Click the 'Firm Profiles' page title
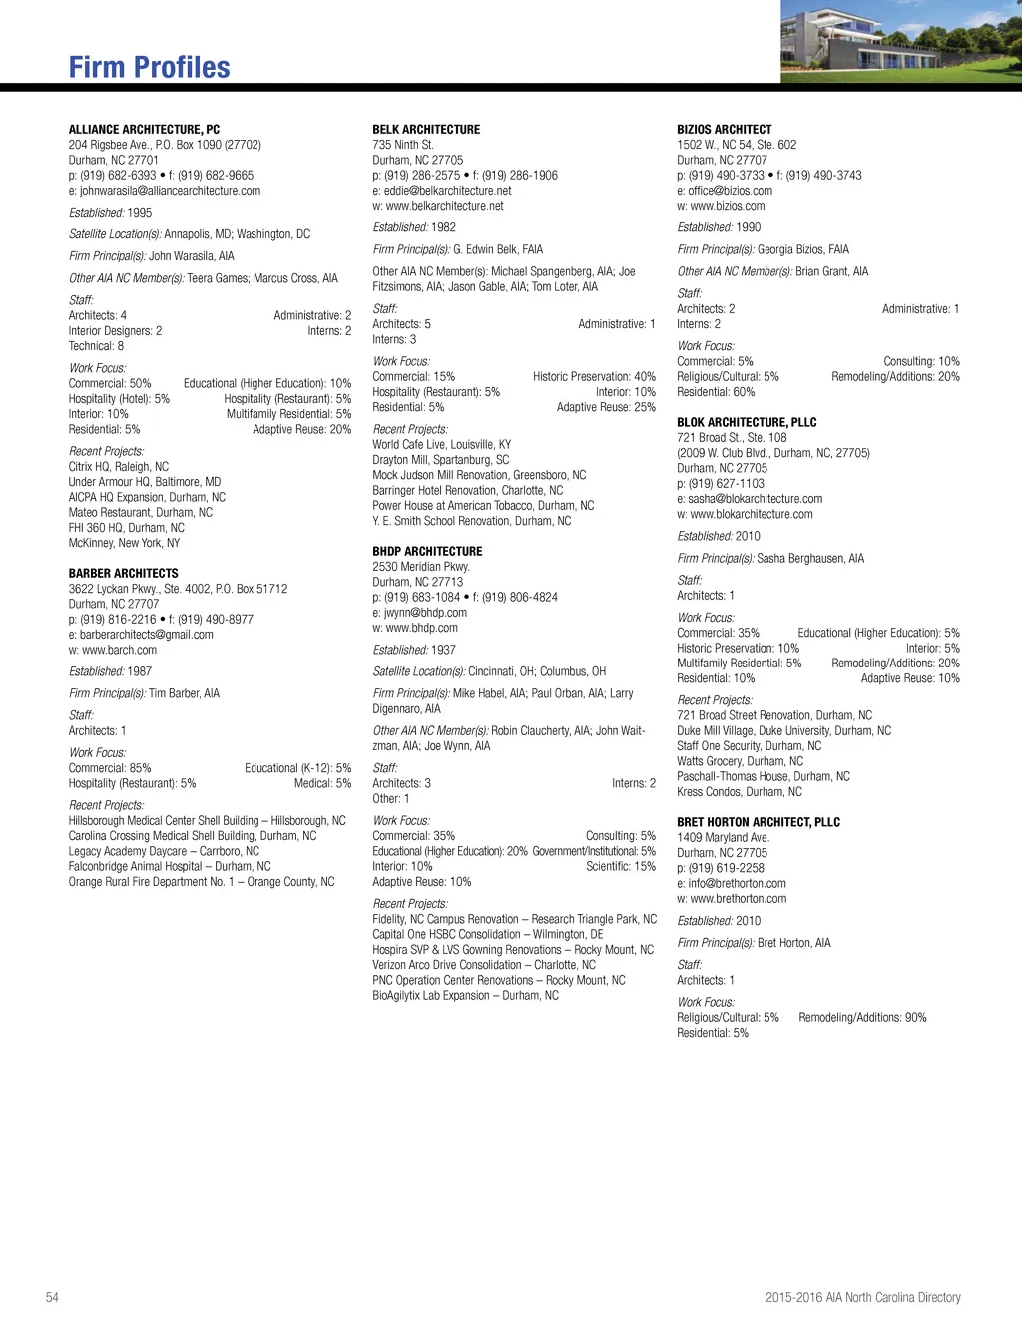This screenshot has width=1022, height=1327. [x=149, y=67]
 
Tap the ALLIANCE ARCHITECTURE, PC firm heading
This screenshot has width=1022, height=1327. [x=144, y=129]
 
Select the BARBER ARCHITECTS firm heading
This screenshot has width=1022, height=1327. [x=123, y=573]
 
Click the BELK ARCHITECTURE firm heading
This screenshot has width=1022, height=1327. [x=426, y=129]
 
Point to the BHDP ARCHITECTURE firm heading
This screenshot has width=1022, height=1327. [x=427, y=551]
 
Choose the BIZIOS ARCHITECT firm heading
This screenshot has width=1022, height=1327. [x=724, y=129]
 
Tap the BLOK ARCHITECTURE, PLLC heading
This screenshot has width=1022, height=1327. [x=747, y=422]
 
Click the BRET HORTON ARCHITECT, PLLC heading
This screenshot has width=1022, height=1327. [x=759, y=822]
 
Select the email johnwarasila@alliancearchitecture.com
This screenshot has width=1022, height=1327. [x=170, y=191]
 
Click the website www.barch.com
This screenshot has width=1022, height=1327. [x=119, y=650]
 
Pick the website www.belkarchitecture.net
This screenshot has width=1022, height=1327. [x=444, y=206]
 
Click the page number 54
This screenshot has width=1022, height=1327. [x=52, y=1297]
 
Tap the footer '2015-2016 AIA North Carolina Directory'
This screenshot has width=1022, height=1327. [x=862, y=1297]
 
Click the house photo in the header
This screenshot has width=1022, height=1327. [x=900, y=41]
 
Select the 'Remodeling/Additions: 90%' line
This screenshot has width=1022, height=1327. [x=862, y=1018]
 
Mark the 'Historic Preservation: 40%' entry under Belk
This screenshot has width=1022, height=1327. [x=594, y=377]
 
